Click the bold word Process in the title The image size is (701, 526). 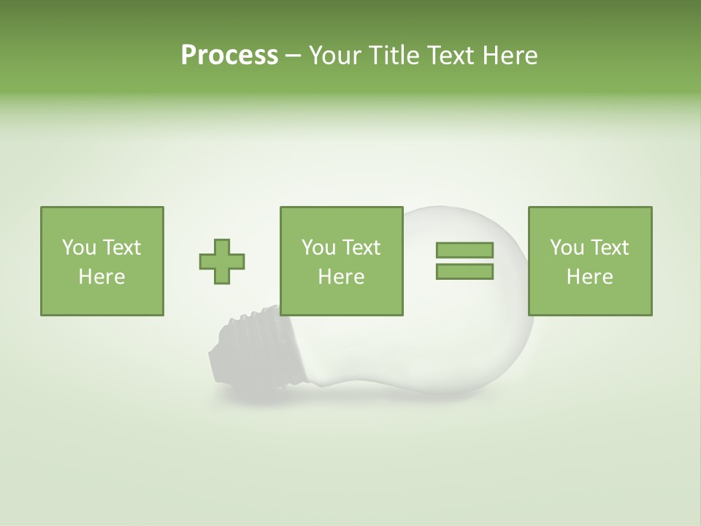229,56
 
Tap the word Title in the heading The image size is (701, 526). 394,56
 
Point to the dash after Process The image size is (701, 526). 294,56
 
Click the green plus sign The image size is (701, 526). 222,262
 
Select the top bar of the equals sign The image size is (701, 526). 464,250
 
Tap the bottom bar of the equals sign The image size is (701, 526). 464,272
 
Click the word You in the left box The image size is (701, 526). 78,248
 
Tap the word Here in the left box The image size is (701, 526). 102,277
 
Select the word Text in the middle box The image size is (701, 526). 361,248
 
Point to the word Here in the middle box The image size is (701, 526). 342,277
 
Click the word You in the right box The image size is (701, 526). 566,248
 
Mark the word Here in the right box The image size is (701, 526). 590,277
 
